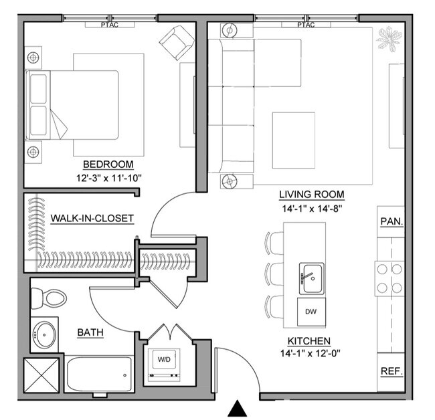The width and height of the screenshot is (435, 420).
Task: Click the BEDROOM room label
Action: [x=108, y=165]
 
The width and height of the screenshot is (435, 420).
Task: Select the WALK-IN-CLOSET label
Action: [x=92, y=218]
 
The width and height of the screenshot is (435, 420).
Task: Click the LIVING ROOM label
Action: [x=311, y=195]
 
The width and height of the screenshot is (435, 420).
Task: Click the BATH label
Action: [x=90, y=332]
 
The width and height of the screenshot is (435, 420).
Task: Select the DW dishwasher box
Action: [x=311, y=311]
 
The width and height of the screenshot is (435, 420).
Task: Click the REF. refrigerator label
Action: [x=391, y=370]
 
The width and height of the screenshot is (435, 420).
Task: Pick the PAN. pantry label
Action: [x=391, y=221]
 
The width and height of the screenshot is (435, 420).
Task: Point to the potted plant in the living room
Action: [x=388, y=40]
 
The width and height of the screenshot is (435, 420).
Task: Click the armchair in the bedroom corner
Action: [x=175, y=43]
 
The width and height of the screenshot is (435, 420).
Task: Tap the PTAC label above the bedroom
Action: [x=111, y=26]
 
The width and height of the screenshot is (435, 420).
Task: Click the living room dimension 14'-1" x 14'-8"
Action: [x=311, y=208]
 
